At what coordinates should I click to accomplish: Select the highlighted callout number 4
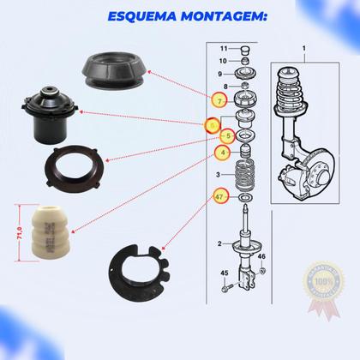(222, 153)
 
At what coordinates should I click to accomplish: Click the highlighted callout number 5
(227, 135)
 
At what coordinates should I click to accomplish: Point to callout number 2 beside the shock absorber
(219, 243)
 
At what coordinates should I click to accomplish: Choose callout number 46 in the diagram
(262, 256)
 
